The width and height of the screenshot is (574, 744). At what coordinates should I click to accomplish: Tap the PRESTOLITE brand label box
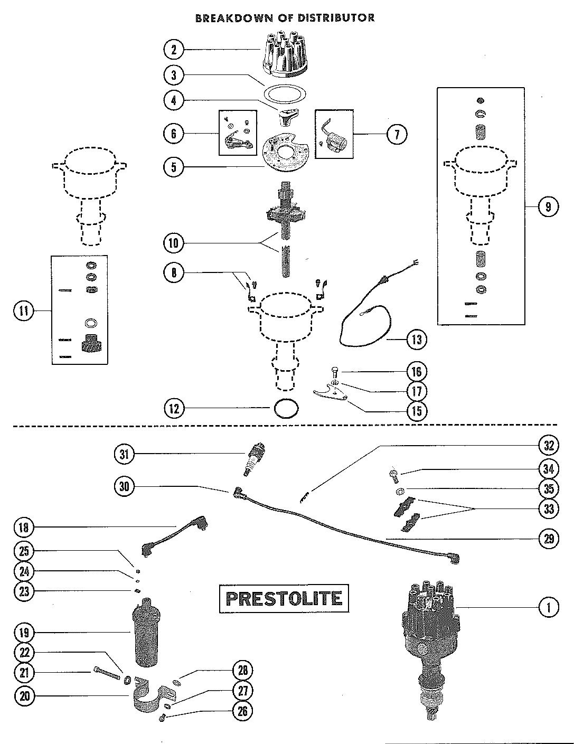[x=284, y=598]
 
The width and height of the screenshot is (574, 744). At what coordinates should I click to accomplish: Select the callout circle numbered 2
[x=174, y=50]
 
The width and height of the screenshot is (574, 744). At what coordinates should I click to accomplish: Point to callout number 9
[x=548, y=207]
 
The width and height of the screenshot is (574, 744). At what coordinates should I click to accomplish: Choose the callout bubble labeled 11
[x=24, y=310]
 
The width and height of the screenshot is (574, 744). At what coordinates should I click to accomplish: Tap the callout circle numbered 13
[x=417, y=338]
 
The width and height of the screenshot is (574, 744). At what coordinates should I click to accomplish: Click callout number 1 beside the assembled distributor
[x=549, y=608]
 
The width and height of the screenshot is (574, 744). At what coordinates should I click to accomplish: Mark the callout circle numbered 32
[x=549, y=445]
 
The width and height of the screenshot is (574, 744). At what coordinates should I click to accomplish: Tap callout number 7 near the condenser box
[x=397, y=134]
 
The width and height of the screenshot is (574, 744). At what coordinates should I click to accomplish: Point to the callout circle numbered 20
[x=24, y=696]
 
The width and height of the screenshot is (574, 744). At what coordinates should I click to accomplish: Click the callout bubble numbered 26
[x=242, y=711]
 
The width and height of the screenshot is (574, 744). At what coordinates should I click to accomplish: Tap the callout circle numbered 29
[x=549, y=539]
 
